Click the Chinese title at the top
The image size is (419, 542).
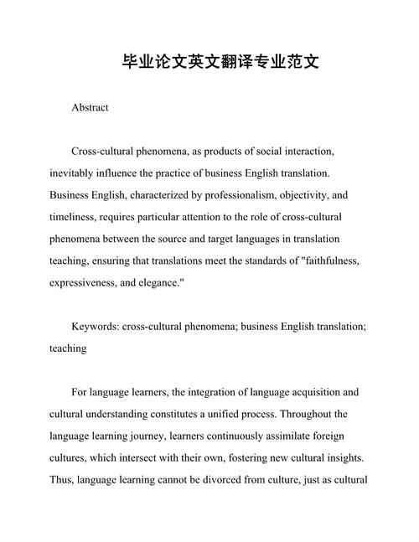pos(209,63)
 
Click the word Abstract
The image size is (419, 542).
pos(91,108)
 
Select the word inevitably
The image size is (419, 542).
pos(76,173)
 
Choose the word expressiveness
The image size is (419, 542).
pos(90,282)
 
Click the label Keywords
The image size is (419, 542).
pos(95,326)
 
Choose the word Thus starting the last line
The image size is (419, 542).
pos(62,479)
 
